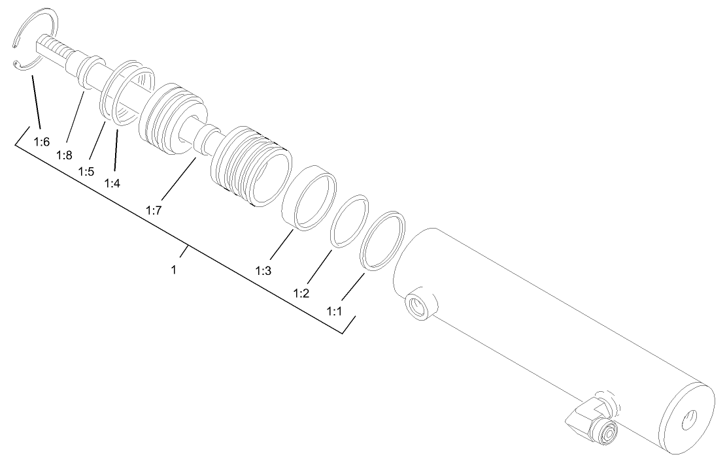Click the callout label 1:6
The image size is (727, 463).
tap(41, 142)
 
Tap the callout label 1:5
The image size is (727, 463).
tap(86, 170)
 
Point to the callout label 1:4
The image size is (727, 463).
tap(112, 183)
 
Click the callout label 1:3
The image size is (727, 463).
tap(264, 270)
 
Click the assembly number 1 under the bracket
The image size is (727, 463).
tap(174, 269)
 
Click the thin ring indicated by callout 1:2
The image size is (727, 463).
tap(349, 221)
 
